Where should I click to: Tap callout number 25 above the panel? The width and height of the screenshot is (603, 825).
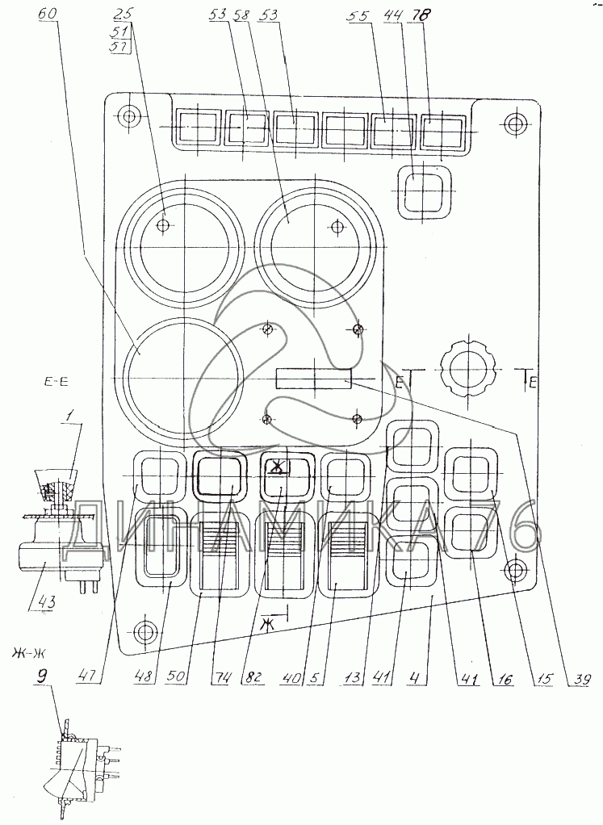(123, 15)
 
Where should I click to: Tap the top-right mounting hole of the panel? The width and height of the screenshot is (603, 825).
(514, 124)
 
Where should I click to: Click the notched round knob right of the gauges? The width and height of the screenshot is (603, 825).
(467, 371)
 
